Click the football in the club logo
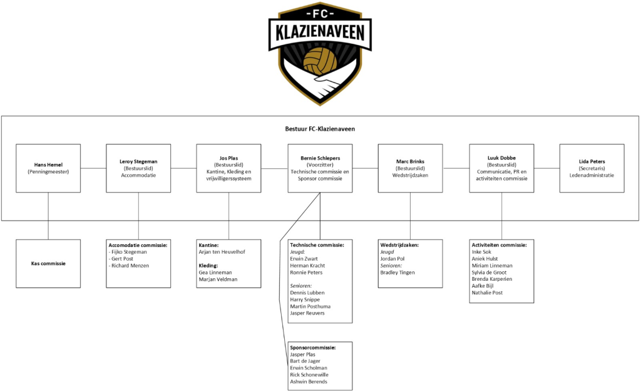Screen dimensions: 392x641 (320, 61)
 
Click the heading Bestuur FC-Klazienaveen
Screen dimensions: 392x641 (320, 129)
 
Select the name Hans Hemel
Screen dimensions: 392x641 (48, 164)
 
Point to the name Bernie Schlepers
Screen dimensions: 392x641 (320, 158)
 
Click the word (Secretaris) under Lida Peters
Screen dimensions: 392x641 (592, 168)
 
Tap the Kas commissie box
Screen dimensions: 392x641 (48, 263)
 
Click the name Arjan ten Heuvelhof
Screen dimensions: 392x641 (222, 252)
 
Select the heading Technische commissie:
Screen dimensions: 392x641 (317, 245)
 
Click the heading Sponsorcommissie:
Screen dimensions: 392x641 (313, 347)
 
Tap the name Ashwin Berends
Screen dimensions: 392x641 (309, 381)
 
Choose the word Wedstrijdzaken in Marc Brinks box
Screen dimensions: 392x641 (410, 176)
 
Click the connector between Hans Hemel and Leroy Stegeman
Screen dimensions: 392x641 (93, 168)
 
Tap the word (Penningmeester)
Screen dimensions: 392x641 (48, 171)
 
